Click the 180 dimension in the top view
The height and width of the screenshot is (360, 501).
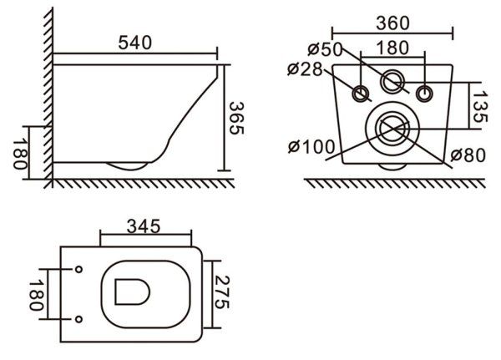click(35, 295)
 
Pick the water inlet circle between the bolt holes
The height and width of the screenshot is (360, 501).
click(392, 82)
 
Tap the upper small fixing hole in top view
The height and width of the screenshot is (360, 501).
click(78, 270)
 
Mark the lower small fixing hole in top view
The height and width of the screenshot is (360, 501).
click(78, 319)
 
